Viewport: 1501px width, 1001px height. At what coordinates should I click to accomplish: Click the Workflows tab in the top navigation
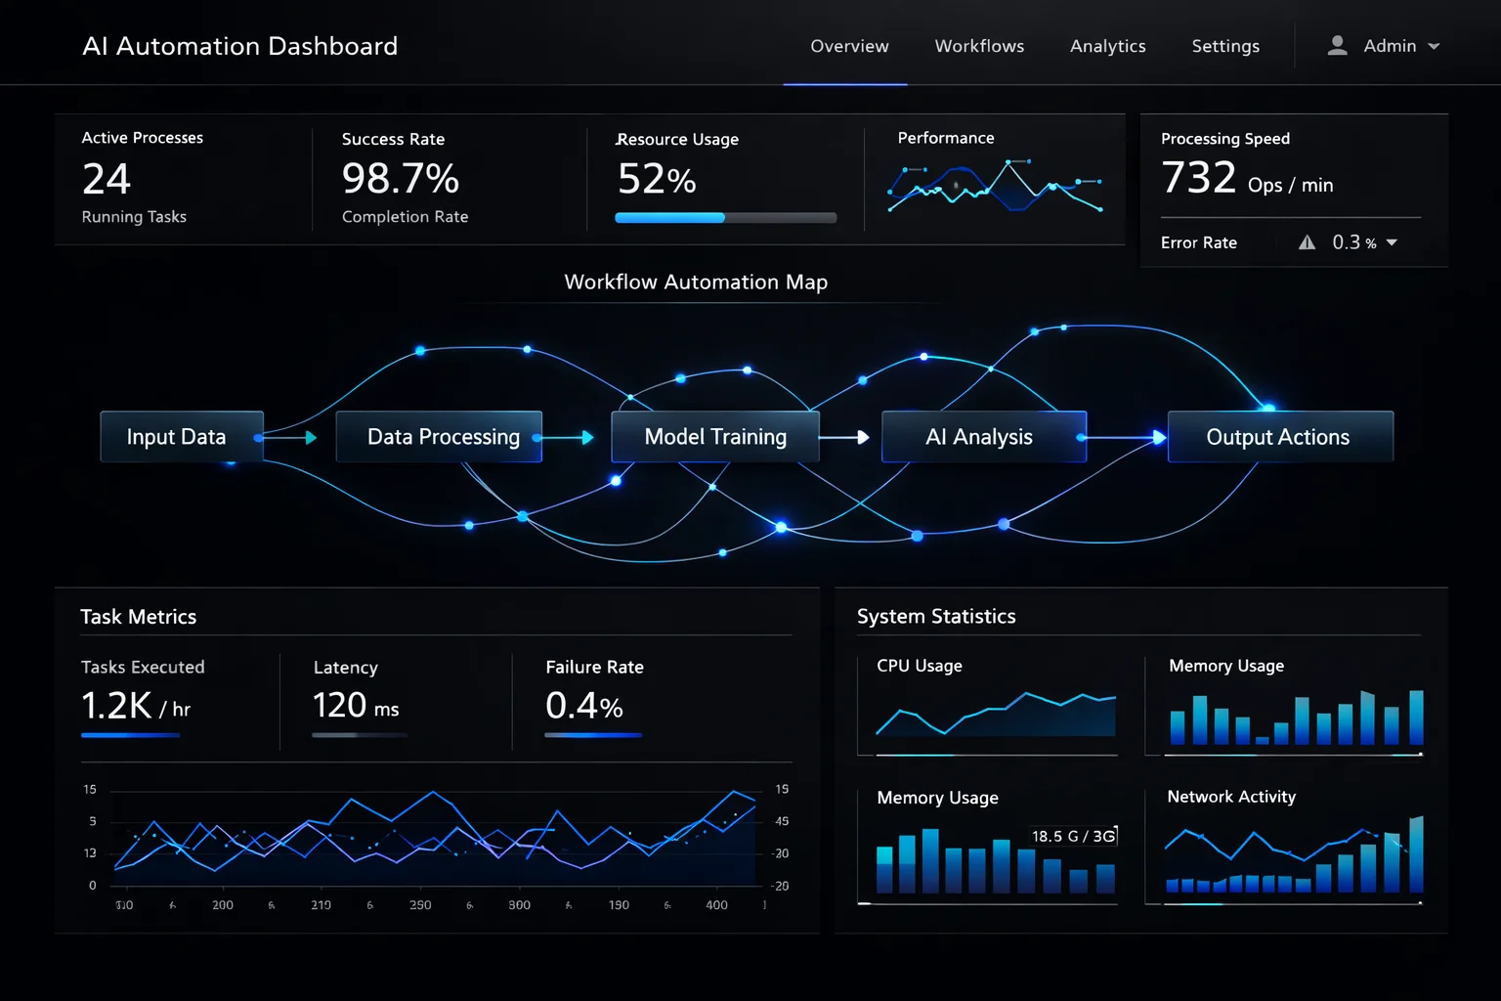point(979,46)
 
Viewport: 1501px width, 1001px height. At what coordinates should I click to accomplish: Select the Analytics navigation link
point(1107,46)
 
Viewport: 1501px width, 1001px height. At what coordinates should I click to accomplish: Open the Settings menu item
point(1225,46)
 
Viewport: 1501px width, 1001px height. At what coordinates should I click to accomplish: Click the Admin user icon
point(1338,46)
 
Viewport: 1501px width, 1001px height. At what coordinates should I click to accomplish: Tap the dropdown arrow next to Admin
point(1434,46)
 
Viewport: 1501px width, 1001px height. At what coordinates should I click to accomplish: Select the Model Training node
point(714,437)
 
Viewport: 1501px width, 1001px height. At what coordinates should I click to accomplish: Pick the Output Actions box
point(1279,437)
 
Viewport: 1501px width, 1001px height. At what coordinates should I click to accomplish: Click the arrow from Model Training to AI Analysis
point(845,437)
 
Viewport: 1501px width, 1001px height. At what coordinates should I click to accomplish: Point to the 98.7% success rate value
point(401,179)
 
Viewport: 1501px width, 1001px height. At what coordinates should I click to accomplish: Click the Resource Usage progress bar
point(725,218)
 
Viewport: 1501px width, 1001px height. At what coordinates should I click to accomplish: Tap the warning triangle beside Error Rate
point(1307,242)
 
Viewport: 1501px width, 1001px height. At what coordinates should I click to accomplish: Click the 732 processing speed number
point(1199,178)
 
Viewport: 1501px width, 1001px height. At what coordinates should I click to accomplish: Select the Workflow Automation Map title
point(696,283)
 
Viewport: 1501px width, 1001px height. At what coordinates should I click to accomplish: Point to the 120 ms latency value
point(356,706)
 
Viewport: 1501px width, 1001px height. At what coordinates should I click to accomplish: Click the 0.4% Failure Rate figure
point(583,706)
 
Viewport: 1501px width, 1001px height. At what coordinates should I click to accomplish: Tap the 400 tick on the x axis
point(716,905)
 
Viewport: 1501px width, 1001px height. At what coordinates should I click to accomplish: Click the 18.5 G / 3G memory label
point(1073,836)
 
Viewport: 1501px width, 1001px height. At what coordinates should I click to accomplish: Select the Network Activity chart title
point(1231,797)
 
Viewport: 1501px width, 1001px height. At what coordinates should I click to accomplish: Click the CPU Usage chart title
point(919,666)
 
